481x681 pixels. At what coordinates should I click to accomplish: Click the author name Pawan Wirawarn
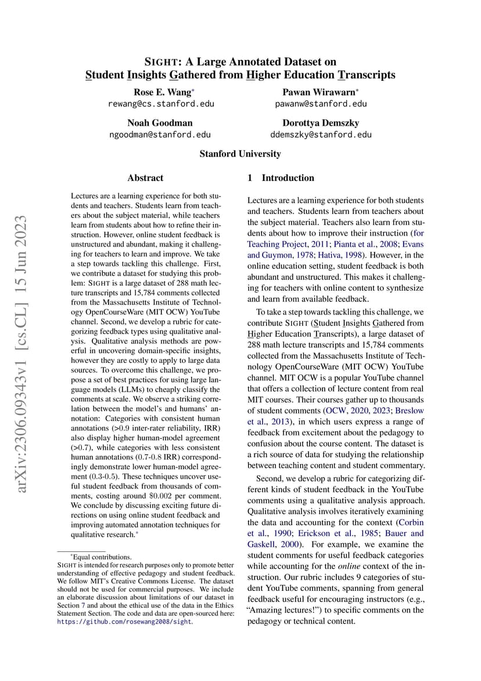[x=320, y=92]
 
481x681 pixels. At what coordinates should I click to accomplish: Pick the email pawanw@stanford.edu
[x=321, y=104]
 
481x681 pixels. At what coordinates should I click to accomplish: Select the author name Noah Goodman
[x=160, y=123]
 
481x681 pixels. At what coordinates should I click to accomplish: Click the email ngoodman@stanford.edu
[x=160, y=134]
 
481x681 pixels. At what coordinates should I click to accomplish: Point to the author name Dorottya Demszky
[x=321, y=123]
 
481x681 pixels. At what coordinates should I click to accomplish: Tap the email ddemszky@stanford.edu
[x=321, y=134]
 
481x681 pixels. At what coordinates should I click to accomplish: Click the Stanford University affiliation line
[x=240, y=154]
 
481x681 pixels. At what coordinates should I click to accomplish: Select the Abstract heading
[x=145, y=178]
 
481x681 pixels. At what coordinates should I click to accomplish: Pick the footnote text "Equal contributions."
[x=97, y=557]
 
